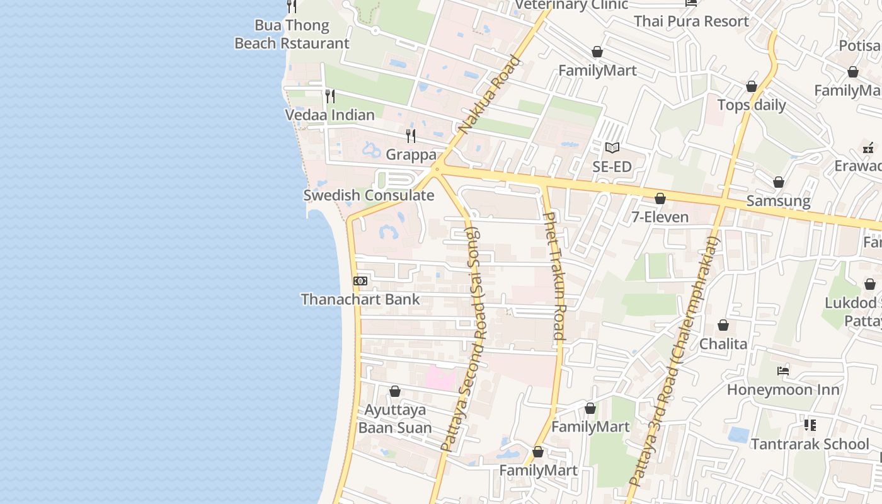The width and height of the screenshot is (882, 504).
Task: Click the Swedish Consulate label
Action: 369,195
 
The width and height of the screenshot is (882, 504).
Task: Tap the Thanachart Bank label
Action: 360,299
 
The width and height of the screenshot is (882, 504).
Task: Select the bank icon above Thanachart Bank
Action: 360,281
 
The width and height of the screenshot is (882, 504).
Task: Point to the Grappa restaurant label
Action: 411,154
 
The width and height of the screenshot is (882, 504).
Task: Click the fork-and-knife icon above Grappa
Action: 411,135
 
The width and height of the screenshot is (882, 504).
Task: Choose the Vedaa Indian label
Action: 329,115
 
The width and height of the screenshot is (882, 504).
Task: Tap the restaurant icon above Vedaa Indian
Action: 329,96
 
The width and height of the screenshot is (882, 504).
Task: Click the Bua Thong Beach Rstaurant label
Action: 292,35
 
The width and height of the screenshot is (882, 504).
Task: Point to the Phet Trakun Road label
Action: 554,276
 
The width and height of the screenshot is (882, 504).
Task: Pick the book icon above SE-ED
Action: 612,148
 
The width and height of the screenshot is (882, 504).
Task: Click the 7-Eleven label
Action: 660,217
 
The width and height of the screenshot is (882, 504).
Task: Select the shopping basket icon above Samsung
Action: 779,182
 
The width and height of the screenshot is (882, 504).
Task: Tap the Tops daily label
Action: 752,105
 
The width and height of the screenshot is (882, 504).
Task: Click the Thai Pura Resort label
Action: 691,21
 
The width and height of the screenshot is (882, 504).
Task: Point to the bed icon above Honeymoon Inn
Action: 783,370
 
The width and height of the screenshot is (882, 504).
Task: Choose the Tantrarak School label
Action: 810,444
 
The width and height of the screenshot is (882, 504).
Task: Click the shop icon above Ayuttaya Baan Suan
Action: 395,391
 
